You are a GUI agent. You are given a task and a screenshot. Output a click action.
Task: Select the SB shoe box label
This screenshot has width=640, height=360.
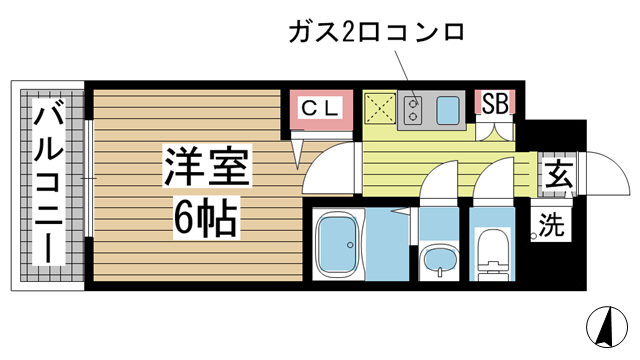(495, 102)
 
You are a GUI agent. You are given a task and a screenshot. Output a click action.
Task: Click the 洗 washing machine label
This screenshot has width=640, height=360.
(552, 226)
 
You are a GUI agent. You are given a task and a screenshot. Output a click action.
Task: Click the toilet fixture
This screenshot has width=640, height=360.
(492, 251)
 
